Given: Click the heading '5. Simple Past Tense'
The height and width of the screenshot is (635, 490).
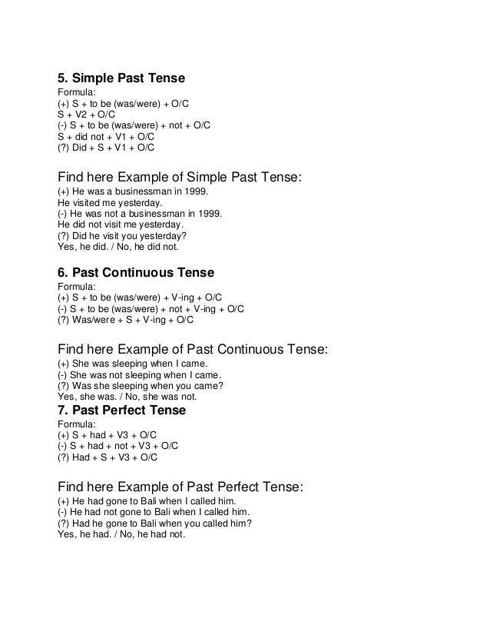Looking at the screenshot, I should point(122,78).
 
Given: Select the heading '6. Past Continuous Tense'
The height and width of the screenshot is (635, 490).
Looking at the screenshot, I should point(136,272).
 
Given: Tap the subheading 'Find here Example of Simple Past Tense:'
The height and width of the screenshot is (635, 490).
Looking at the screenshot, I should point(180,177).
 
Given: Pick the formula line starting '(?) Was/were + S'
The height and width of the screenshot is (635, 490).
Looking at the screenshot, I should point(126,319).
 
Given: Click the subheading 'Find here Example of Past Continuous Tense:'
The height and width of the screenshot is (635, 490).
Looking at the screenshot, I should point(193,349).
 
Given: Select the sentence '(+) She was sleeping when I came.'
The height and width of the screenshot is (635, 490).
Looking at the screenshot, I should point(132,364).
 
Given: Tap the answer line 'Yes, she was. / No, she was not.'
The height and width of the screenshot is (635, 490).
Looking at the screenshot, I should point(127,397).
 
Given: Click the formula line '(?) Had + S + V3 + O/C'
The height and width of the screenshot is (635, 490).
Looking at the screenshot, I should point(108,457).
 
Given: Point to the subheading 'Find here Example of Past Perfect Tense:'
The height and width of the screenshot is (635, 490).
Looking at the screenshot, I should point(180,487).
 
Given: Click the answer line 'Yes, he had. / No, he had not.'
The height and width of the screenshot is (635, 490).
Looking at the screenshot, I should point(121,534).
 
